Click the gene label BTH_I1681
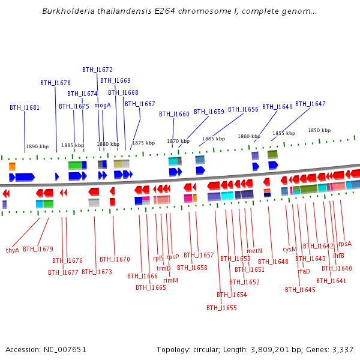point(25,108)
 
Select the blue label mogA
point(103,105)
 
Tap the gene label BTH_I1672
point(97,70)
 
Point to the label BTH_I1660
point(174,114)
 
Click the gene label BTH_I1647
point(310,104)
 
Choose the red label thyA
point(13,250)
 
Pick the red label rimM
point(170,280)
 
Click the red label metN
point(254,251)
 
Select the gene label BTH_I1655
point(221,308)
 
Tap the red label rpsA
point(345,244)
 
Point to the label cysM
point(290,249)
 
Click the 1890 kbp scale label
point(37,146)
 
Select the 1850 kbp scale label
point(319,130)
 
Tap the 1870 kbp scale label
point(178,142)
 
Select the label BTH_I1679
point(38,249)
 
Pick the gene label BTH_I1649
point(277,107)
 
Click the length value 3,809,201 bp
point(271,349)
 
